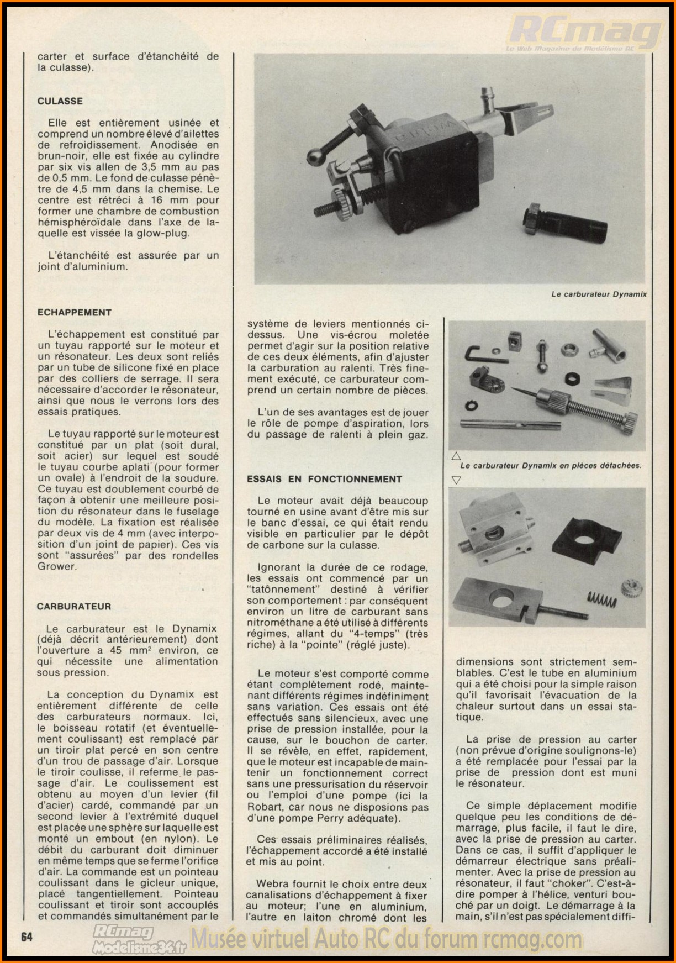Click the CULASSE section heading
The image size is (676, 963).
point(60,101)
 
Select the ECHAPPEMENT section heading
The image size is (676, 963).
point(75,312)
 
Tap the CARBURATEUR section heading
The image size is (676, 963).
point(74,606)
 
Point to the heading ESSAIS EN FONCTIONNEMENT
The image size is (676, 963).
point(325,479)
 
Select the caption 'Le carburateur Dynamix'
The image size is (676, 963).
point(599,294)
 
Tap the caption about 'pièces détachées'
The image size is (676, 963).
point(551,465)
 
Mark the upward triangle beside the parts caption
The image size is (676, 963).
point(456,456)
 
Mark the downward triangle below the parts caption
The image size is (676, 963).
point(456,480)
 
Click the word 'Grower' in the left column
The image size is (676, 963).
point(55,566)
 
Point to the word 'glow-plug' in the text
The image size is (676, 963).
point(165,233)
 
